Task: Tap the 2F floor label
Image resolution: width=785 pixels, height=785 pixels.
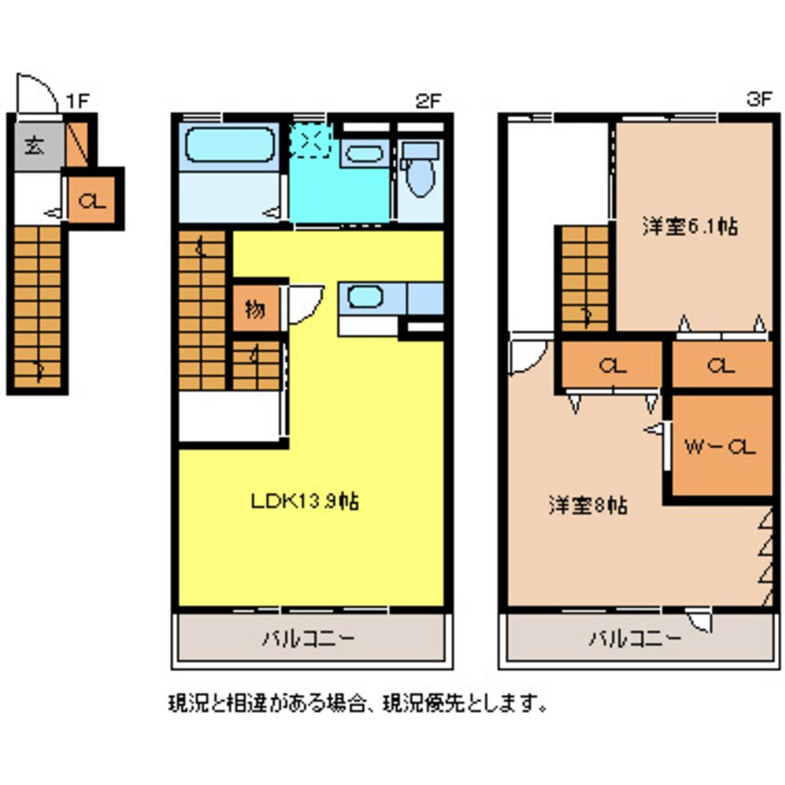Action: [x=427, y=102]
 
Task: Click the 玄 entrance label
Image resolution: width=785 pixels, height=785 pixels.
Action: [x=34, y=146]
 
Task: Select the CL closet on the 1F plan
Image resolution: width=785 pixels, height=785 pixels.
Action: [x=92, y=199]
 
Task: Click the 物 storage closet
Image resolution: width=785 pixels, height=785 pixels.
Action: [x=253, y=310]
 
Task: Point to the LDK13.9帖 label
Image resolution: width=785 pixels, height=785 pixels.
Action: [x=305, y=502]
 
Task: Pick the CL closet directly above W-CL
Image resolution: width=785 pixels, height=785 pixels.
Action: [x=721, y=366]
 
